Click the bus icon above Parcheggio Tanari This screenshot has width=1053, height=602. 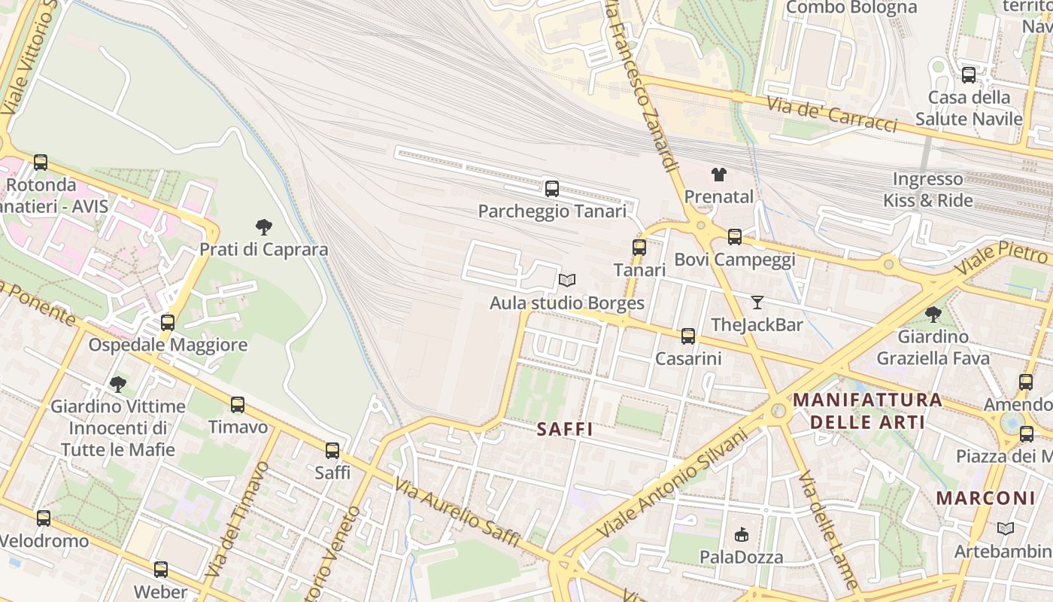552,189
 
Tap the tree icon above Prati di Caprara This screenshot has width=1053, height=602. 263,227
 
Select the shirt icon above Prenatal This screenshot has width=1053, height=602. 719,175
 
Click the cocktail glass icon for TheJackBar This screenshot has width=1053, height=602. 757,303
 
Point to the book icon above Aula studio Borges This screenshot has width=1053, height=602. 567,281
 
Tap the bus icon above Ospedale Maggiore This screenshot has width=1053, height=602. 168,323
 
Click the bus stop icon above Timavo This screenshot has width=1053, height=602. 238,405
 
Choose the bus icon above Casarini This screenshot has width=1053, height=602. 688,336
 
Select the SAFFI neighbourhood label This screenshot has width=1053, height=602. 565,430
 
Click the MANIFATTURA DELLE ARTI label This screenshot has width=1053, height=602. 867,410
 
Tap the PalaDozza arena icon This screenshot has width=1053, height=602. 741,535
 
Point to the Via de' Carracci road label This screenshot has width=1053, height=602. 831,114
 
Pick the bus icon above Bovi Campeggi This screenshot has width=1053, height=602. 735,237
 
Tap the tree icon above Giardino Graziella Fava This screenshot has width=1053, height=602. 933,314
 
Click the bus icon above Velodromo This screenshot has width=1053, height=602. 44,518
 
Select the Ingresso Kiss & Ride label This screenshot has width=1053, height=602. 927,190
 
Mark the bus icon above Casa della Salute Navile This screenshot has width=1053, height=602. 969,75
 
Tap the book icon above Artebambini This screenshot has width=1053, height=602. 1005,529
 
